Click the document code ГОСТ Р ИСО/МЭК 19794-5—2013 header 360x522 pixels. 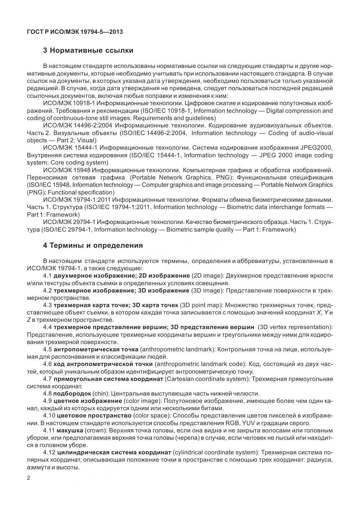point(75,32)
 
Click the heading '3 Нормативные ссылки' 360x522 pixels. point(88,50)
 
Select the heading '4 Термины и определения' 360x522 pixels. point(93,245)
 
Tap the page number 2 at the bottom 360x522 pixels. point(29,478)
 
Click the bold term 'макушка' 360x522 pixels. point(70,431)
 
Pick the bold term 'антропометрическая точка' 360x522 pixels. point(96,349)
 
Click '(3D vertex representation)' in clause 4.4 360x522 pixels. point(295,327)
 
